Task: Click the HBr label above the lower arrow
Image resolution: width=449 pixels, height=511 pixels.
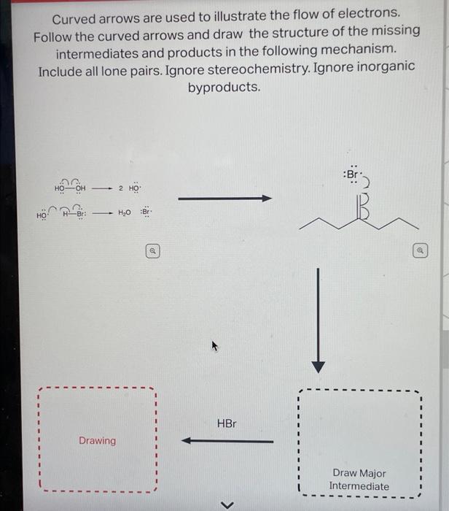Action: [227, 423]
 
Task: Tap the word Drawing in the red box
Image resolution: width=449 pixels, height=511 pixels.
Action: [97, 440]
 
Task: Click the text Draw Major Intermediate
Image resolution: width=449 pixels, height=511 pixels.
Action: [359, 480]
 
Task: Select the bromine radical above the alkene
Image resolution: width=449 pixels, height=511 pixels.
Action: [352, 175]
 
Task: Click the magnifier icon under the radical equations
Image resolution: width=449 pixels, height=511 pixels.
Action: [152, 250]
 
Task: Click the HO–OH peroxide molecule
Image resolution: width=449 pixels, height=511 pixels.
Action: [69, 188]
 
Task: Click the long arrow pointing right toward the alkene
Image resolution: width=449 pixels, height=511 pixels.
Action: [224, 198]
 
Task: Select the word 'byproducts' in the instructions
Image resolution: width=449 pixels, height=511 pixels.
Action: [224, 88]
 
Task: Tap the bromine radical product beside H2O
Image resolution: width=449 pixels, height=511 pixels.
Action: [145, 213]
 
